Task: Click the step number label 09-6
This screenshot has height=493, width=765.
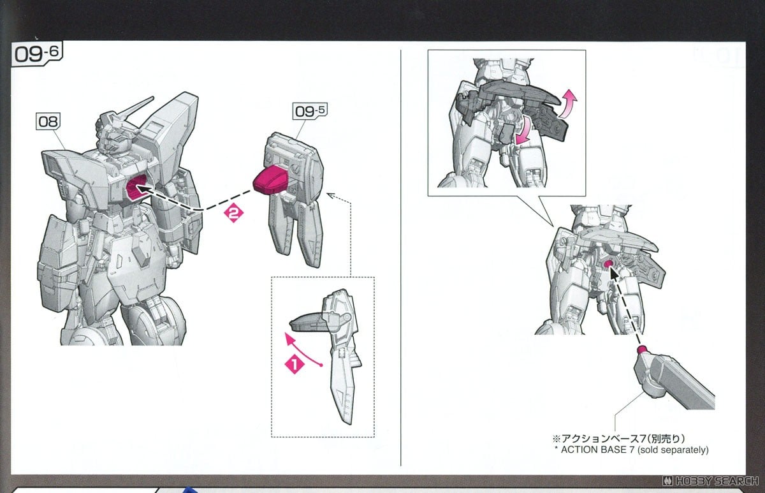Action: coord(37,55)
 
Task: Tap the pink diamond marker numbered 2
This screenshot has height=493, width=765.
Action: coord(233,216)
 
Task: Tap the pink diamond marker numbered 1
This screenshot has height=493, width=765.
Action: coord(293,365)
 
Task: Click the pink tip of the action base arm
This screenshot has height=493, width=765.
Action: coord(643,350)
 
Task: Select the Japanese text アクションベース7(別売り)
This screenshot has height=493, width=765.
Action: coord(616,439)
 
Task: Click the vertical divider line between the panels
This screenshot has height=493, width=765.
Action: coord(401,255)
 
